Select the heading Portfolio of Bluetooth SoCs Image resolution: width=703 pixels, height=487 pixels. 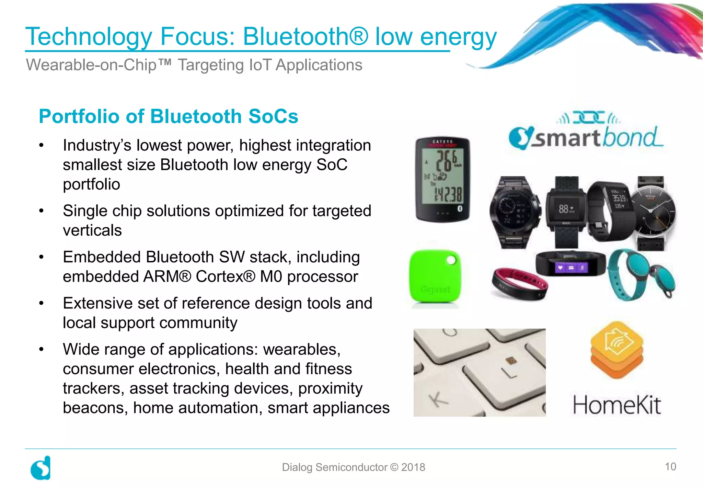coord(168,116)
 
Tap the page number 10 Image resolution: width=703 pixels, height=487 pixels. coord(670,466)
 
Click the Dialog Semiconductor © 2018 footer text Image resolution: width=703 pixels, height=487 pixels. coord(353,467)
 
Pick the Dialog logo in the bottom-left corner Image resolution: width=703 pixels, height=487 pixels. coord(41,468)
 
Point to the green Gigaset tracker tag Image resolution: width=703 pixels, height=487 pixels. coord(435,277)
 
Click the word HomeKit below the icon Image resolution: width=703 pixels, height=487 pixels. coord(616,405)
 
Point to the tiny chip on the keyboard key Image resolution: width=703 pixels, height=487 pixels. coord(511,361)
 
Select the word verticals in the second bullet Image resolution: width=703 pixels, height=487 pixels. coord(92,230)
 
